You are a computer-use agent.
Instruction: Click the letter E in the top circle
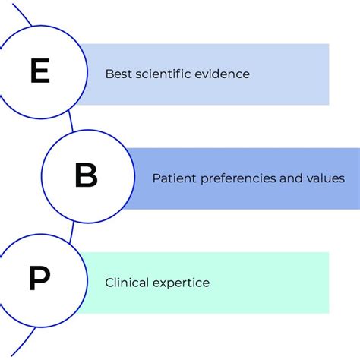39,72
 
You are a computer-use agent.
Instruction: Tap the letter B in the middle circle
86,177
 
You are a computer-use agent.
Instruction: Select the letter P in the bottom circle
38,280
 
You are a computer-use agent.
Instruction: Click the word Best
118,74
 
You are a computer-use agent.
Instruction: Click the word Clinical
126,283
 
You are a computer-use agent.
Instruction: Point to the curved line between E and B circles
72,125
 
